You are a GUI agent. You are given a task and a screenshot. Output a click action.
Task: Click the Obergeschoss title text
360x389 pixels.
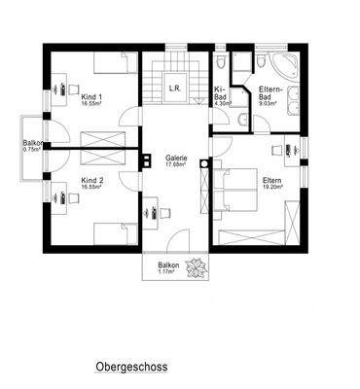(132, 368)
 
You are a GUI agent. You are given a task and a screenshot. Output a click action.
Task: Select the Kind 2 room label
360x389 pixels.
(92, 181)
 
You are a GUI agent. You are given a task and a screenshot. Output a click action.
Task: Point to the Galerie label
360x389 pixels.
(175, 159)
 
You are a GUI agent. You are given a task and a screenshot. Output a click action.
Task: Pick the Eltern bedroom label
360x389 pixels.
(271, 181)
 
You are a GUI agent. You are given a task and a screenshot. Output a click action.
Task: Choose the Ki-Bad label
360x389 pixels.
(221, 94)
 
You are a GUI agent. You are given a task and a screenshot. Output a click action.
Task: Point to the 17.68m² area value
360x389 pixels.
(175, 165)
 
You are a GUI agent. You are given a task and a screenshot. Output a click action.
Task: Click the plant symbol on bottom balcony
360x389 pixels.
(197, 266)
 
